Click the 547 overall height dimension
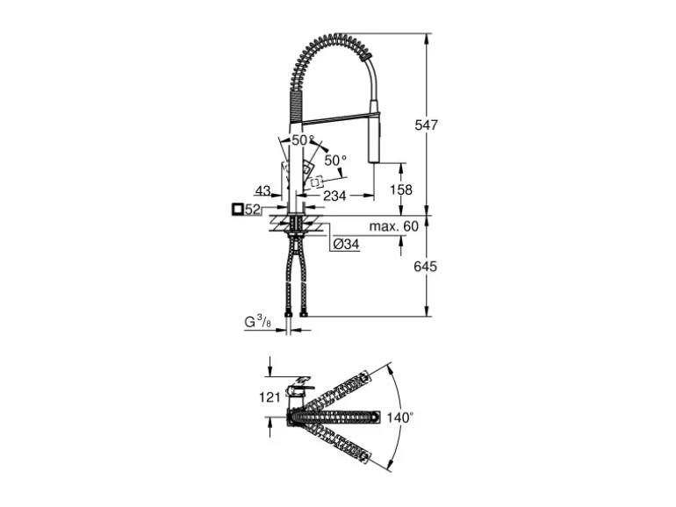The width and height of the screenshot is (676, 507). click(427, 125)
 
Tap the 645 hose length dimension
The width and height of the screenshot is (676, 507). click(427, 266)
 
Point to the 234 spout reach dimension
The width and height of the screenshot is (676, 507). click(334, 196)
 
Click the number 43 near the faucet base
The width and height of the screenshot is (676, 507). click(262, 190)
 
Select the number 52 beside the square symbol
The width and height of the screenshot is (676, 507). click(253, 210)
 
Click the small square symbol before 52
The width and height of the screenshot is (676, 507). click(237, 210)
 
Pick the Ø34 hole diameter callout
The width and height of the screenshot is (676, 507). click(345, 246)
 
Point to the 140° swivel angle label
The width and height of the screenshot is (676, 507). click(399, 418)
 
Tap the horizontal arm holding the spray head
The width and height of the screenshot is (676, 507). click(334, 116)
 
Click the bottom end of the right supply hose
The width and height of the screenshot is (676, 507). click(304, 311)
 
